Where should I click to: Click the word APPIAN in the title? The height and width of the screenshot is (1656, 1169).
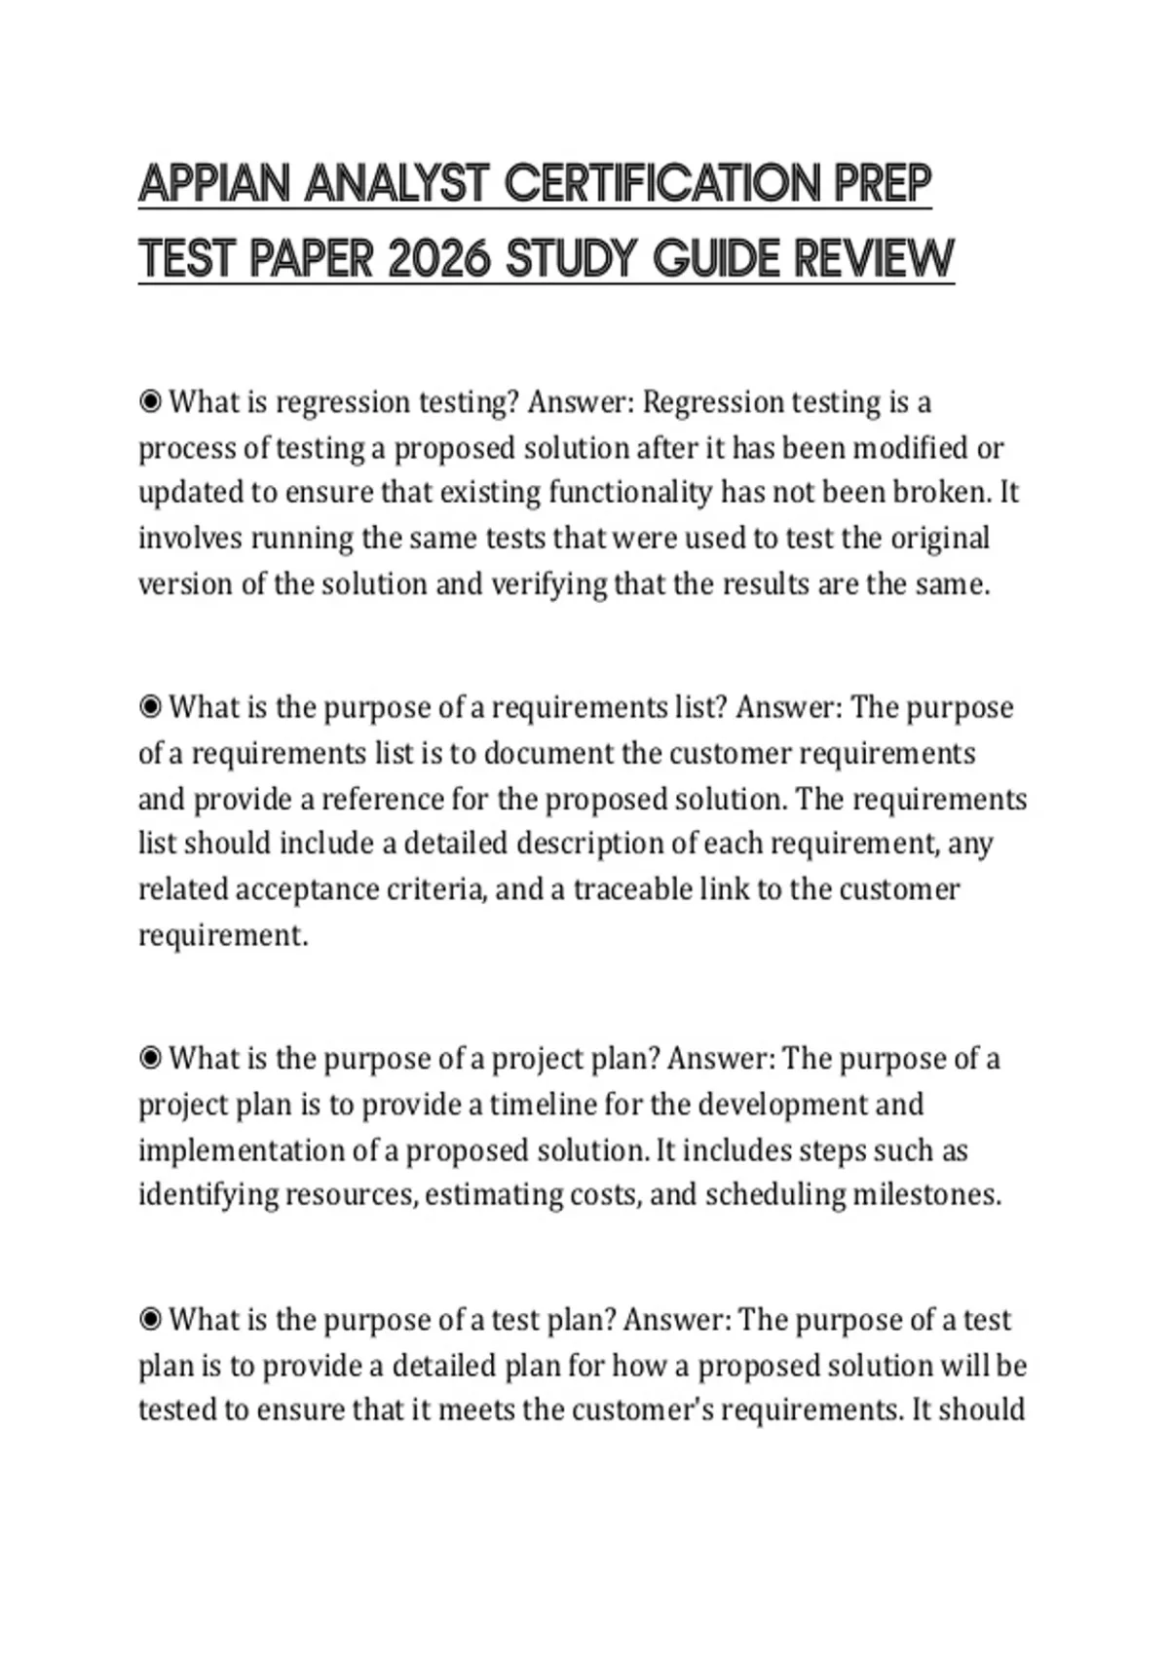[x=214, y=183]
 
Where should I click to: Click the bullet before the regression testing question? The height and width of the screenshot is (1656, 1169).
[x=150, y=401]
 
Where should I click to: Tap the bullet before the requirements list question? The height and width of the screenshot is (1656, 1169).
[x=150, y=707]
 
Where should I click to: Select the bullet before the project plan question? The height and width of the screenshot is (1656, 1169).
[x=150, y=1058]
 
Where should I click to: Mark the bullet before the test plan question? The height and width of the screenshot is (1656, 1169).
[x=150, y=1320]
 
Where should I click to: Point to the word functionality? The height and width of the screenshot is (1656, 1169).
[x=629, y=493]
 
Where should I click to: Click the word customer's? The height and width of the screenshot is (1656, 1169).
[x=640, y=1411]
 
